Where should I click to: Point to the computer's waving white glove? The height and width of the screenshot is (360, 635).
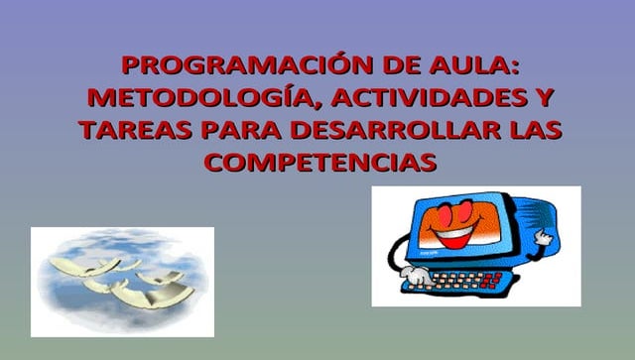click(x=545, y=239)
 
